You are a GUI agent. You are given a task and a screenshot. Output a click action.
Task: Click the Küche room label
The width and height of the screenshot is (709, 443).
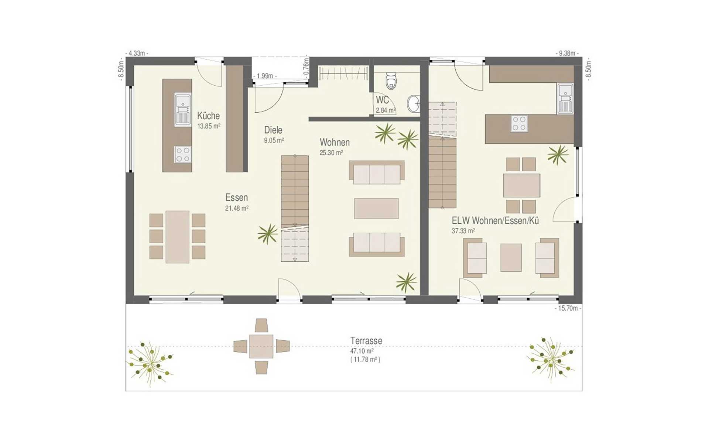click(x=208, y=116)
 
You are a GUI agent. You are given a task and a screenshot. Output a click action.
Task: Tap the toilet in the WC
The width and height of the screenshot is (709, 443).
click(x=391, y=81)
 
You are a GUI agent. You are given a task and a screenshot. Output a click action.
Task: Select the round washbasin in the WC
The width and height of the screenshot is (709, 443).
click(x=414, y=104)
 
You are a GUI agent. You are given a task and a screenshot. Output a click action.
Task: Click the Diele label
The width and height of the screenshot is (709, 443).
click(x=273, y=130)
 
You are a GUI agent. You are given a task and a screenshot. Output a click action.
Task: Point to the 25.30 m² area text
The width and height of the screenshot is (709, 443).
click(x=331, y=152)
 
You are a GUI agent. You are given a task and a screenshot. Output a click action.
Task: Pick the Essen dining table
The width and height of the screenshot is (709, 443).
click(x=177, y=237)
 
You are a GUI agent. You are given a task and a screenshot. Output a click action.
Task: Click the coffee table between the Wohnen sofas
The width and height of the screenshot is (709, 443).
click(x=376, y=209)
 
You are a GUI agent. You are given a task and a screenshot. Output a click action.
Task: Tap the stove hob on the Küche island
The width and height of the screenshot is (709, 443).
click(x=183, y=154)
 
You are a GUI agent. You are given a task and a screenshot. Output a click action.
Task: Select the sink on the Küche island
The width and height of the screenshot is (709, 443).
click(x=183, y=110)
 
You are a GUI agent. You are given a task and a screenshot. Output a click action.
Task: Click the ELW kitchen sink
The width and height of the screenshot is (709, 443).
click(x=565, y=98)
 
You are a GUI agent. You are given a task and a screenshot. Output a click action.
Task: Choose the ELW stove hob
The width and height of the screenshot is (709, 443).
click(x=519, y=123)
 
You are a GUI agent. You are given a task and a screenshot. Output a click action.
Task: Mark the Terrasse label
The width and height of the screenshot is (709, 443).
click(x=366, y=340)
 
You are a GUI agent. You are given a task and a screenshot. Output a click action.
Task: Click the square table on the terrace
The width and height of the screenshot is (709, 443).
click(x=261, y=346)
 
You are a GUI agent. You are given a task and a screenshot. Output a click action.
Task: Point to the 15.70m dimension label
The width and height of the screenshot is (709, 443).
click(x=568, y=308)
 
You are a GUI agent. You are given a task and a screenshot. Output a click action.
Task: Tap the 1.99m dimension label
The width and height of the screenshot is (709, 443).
click(x=265, y=76)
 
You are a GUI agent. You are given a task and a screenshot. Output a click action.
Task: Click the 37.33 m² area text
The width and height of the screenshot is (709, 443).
click(x=463, y=231)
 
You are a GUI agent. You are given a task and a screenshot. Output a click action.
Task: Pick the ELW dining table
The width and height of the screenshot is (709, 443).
click(x=521, y=185)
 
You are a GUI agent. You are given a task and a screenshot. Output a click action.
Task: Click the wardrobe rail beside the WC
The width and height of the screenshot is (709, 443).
click(x=344, y=73)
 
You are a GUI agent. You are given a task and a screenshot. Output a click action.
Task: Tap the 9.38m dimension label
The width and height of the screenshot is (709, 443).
click(x=567, y=53)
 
